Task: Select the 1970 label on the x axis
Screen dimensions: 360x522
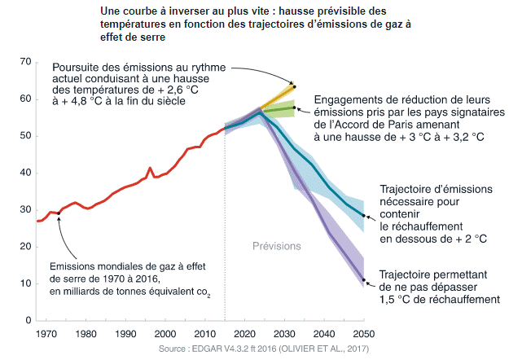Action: point(46,334)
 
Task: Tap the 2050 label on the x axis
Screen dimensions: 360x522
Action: point(363,334)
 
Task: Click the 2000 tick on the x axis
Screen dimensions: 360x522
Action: point(165,334)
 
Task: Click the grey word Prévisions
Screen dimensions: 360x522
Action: point(275,245)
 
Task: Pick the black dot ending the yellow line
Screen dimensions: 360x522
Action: point(294,86)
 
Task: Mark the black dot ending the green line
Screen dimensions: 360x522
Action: point(294,107)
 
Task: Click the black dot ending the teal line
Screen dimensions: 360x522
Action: point(364,216)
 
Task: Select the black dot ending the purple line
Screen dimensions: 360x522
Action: point(364,278)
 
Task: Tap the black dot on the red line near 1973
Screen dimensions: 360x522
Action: point(59,213)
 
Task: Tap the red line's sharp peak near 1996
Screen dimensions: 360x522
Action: point(150,169)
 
